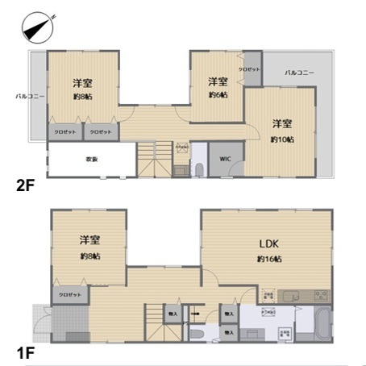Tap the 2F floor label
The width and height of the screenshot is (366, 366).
click(25, 185)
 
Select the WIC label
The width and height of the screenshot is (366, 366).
click(226, 160)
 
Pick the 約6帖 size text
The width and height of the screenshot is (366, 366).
click(218, 95)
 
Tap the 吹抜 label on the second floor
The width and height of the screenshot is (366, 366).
click(91, 159)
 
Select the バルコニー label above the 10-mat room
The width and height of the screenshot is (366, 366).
click(299, 73)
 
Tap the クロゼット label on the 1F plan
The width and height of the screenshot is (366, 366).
click(70, 295)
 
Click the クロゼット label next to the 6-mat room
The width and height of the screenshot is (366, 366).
click(252, 69)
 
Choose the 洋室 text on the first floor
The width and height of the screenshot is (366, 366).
click(89, 239)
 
